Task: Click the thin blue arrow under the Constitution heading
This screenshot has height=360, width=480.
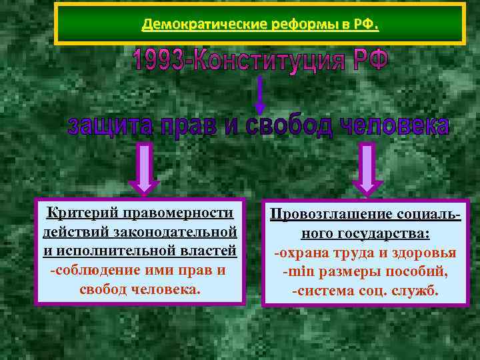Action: coord(260,94)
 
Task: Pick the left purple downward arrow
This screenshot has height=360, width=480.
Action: coord(147,171)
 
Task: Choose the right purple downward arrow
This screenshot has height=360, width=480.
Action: coord(365,171)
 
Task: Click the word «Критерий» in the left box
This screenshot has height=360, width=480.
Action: coord(74,213)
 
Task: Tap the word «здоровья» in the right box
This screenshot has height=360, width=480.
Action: coord(427,253)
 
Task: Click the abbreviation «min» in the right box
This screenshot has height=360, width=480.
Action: coord(297,272)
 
